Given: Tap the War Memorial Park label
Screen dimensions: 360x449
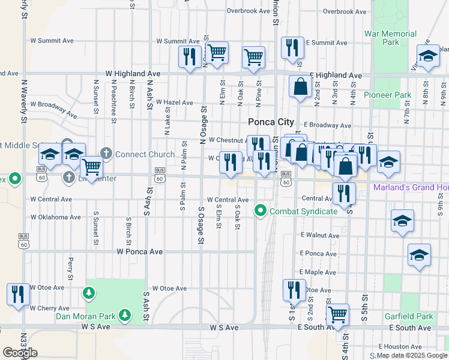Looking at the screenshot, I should (390, 38).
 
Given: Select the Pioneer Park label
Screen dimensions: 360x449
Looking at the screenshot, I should (387, 95).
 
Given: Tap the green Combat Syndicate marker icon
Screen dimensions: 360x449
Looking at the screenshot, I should (261, 211).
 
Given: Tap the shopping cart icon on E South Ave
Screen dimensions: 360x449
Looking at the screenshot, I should (337, 313).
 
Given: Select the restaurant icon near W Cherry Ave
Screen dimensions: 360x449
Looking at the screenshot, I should (18, 293).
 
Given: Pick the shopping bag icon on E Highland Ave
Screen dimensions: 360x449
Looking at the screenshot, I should (300, 86).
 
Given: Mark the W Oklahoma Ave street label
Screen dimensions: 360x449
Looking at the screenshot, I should (55, 217).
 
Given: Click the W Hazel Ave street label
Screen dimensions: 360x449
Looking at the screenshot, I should (174, 103).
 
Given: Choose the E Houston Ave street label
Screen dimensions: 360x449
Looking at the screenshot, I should (401, 346).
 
